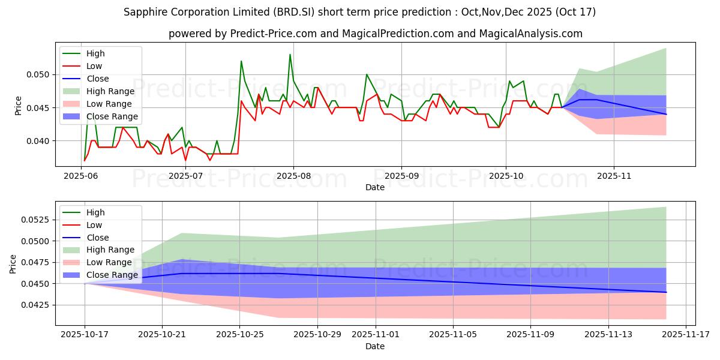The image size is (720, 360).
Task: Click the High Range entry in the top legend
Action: pyautogui.click(x=112, y=91)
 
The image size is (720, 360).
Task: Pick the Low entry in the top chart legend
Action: pyautogui.click(x=94, y=66)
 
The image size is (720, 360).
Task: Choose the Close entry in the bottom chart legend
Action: pyautogui.click(x=97, y=238)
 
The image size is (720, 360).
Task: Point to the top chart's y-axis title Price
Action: pyautogui.click(x=18, y=106)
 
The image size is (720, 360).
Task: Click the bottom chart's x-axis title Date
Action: pyautogui.click(x=375, y=346)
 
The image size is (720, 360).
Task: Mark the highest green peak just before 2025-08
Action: pyautogui.click(x=290, y=55)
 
